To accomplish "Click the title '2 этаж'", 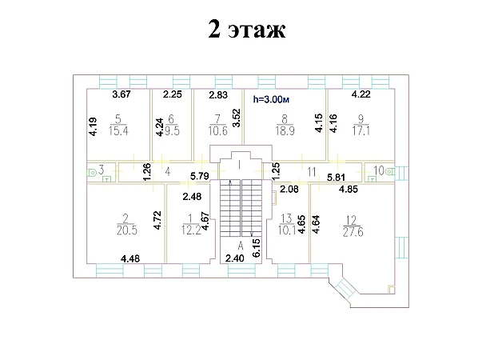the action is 246,29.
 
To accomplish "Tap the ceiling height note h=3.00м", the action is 271,100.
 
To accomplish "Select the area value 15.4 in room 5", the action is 118,131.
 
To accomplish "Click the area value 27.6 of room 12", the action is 353,231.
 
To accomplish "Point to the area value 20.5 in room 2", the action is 127,230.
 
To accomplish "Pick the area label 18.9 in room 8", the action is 285,131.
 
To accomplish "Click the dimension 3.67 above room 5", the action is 122,94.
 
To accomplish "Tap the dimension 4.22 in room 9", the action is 361,94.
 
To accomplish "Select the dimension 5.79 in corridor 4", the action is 200,176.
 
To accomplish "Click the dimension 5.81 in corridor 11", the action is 336,177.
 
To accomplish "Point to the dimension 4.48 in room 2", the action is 130,258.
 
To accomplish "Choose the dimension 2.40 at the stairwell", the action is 235,258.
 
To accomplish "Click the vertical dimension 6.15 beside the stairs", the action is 256,247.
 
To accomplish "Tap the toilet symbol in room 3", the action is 92,173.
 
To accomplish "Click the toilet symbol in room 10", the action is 390,171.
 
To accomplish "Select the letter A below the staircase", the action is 241,246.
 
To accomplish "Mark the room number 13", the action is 286,218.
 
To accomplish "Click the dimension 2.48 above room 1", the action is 192,196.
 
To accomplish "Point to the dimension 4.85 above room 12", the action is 349,190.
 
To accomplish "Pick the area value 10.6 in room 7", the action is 217,131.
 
